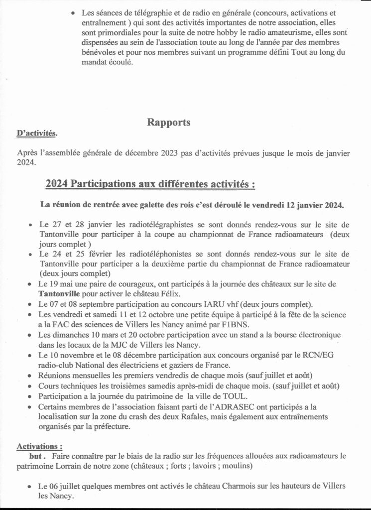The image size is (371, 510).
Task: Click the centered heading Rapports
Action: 168,123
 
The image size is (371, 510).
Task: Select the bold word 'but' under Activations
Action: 37,455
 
